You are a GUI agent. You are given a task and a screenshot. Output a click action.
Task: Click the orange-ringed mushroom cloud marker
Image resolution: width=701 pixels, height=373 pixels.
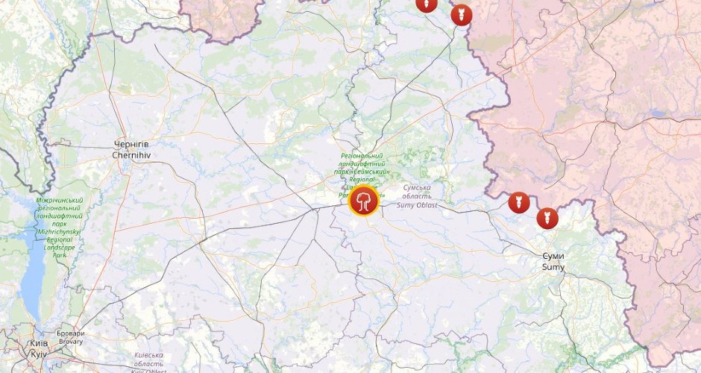coord(364,201)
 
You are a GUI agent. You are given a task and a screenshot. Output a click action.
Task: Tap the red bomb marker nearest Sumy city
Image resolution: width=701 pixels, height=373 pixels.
coord(547,218)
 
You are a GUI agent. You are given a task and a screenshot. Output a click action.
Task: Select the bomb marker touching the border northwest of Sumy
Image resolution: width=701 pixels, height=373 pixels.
coord(519,201)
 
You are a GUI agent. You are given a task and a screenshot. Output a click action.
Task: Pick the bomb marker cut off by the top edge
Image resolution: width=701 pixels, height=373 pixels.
coord(427,4)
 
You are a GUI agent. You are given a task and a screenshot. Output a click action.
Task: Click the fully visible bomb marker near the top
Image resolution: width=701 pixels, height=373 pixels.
coord(462,14)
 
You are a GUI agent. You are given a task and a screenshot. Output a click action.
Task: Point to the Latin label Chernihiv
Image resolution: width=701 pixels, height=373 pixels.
coord(131,155)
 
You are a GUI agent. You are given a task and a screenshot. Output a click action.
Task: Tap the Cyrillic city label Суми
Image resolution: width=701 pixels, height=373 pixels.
coord(553,256)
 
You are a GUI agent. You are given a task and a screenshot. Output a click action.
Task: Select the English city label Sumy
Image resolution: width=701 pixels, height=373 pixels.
coord(553,266)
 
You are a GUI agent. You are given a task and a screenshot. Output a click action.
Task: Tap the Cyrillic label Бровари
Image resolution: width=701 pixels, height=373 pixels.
coord(71,333)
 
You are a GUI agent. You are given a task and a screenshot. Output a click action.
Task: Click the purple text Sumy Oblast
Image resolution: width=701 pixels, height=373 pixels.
coord(417,204)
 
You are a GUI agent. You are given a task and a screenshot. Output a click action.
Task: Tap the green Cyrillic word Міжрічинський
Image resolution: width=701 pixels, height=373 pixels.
coord(60,201)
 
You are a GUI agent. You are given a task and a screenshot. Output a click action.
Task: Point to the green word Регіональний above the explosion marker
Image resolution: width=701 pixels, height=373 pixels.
coord(367,156)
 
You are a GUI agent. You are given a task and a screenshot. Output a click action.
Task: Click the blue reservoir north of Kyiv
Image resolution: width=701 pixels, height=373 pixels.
coord(33,280)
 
